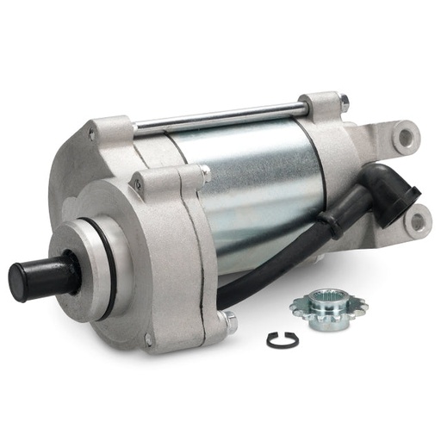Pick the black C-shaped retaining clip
tap(283, 340)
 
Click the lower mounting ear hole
tap(418, 222)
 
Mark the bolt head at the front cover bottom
tap(230, 322)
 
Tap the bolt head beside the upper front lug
tap(206, 175)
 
